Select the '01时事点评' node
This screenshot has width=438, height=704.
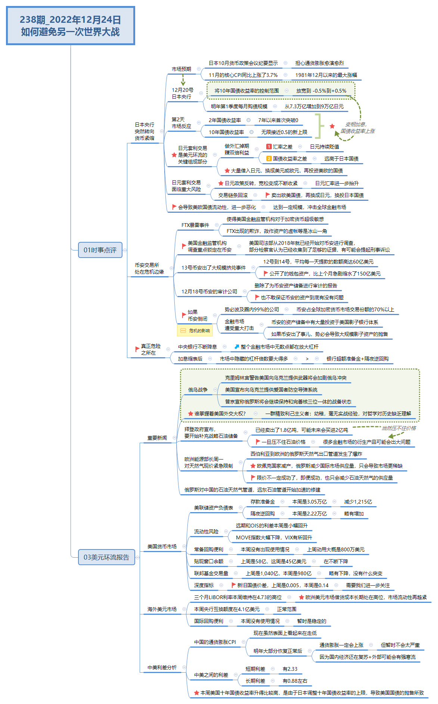(100, 250)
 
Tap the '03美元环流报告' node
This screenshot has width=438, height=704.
(106, 557)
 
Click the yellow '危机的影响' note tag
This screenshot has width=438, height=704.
(195, 331)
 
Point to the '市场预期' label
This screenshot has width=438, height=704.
(181, 69)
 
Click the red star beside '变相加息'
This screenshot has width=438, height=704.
(332, 126)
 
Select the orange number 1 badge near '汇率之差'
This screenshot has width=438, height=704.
(269, 147)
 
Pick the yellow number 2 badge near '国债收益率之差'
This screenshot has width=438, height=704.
(269, 159)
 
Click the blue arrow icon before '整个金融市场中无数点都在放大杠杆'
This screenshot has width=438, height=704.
(237, 347)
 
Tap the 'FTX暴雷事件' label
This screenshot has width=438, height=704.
(195, 225)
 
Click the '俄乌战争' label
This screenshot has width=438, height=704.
(198, 390)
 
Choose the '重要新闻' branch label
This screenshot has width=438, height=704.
(157, 438)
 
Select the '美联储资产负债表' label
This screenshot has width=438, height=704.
(213, 508)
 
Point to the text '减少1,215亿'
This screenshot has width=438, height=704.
(358, 502)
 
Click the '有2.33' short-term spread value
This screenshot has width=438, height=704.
(290, 669)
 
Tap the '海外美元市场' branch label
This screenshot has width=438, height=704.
(162, 609)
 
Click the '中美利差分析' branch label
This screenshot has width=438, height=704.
(162, 667)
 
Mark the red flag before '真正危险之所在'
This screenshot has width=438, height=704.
(137, 349)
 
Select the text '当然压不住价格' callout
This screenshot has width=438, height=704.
(398, 428)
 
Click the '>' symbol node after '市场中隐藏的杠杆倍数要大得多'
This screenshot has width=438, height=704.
(307, 359)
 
